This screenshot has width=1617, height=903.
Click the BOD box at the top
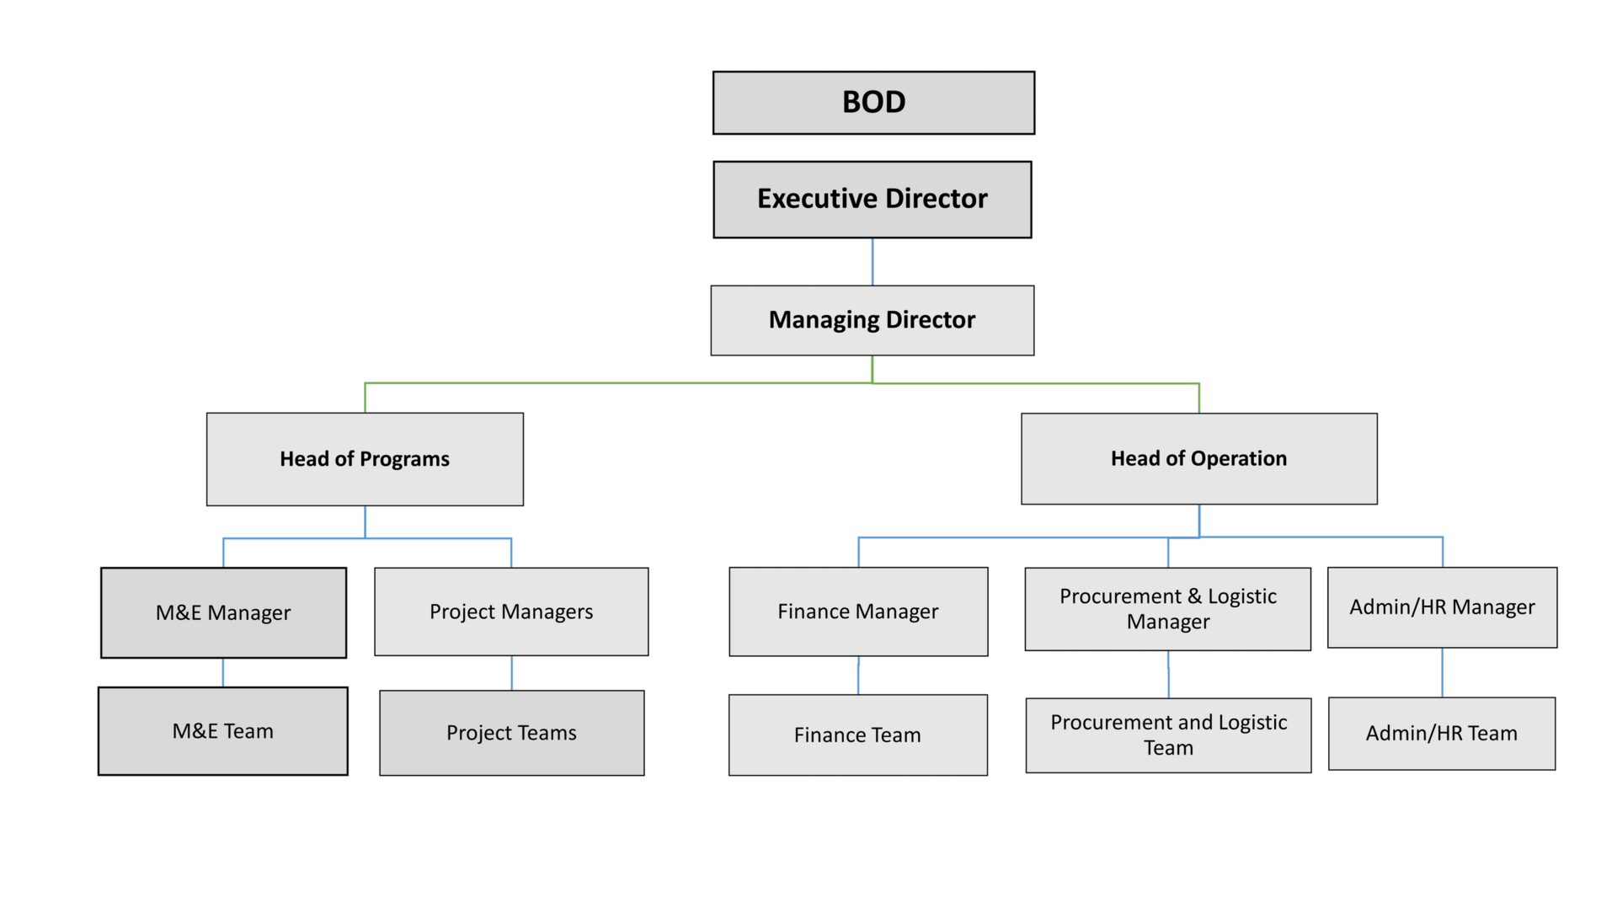tap(873, 103)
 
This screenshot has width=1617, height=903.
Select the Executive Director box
tap(873, 200)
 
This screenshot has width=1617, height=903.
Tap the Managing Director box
tap(873, 320)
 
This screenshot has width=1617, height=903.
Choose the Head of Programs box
tap(365, 459)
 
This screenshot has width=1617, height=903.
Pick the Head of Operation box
tap(1199, 459)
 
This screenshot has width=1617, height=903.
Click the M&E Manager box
tap(223, 612)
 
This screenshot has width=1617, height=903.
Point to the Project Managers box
tap(511, 612)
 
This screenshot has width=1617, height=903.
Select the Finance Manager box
tap(858, 612)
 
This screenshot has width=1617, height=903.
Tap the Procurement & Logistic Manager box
tap(1168, 609)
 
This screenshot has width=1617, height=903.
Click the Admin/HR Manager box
tap(1443, 607)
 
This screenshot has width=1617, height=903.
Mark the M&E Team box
tap(223, 731)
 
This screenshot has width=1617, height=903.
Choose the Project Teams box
tap(512, 733)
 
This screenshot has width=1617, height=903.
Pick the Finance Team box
tap(858, 735)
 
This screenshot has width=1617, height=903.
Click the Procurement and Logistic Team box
tap(1169, 735)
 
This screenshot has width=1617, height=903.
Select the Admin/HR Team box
tap(1442, 734)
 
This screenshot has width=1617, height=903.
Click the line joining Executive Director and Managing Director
tap(873, 262)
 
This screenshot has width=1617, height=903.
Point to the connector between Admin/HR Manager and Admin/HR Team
tap(1443, 672)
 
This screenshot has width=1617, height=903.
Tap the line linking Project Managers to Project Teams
tap(511, 673)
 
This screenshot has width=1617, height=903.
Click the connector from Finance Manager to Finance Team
tap(858, 676)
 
